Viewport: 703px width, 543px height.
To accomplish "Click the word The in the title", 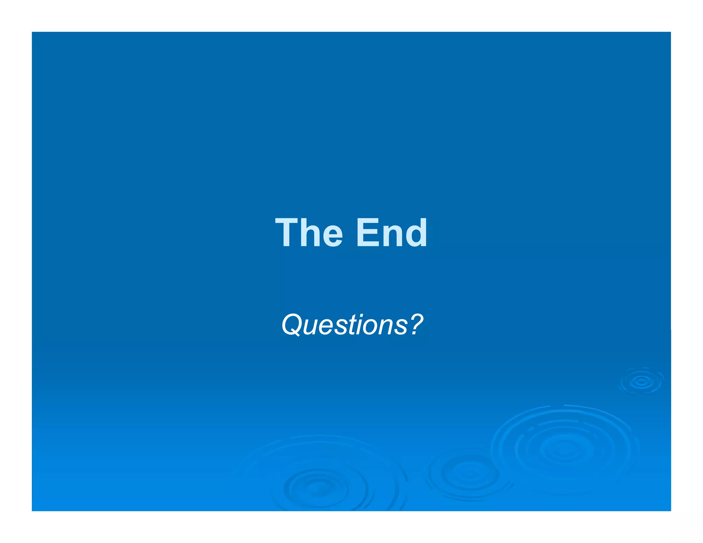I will pos(309,233).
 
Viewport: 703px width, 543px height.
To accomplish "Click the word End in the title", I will pos(392,233).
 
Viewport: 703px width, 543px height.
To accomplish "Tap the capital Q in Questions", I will pos(292,325).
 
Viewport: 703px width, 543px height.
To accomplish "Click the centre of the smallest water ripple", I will pos(641,381).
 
